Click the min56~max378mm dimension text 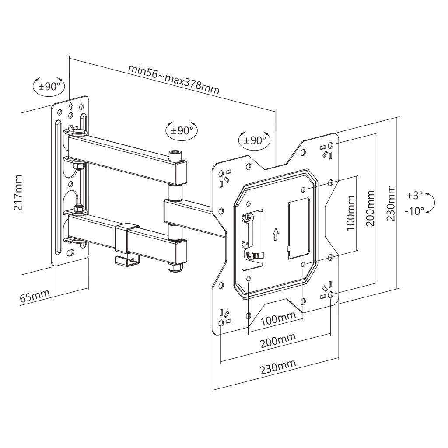pyautogui.click(x=174, y=79)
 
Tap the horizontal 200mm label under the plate pyautogui.click(x=278, y=340)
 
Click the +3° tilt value pyautogui.click(x=414, y=196)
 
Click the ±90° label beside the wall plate pyautogui.click(x=49, y=86)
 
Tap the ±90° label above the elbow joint pyautogui.click(x=182, y=130)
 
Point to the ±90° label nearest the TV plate pyautogui.click(x=255, y=140)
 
